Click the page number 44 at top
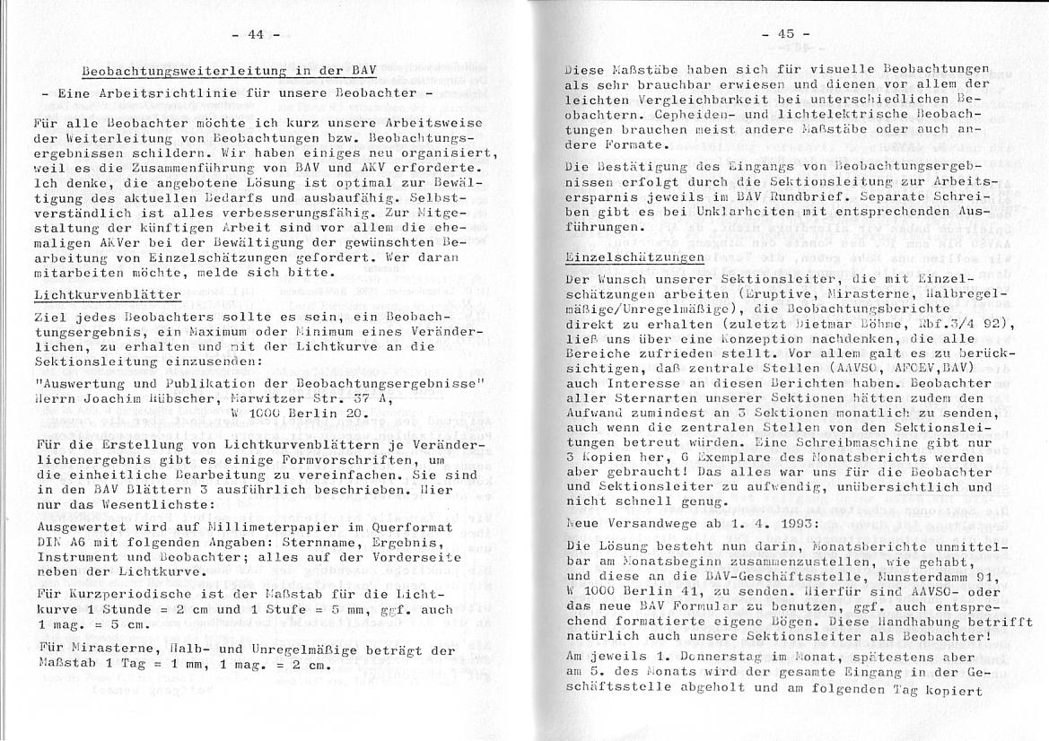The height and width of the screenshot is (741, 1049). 255,34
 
